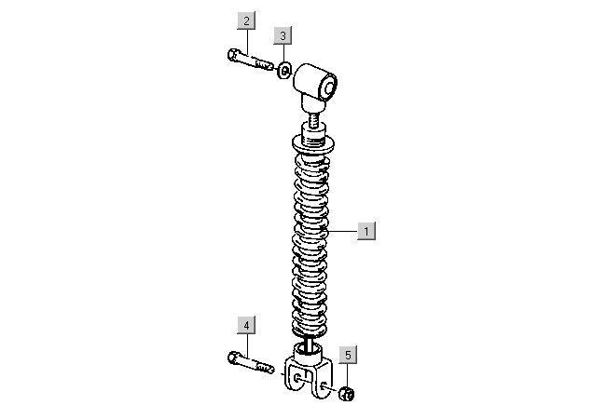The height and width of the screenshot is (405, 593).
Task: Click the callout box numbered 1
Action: (x=366, y=231)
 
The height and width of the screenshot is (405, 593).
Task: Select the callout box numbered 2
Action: (x=246, y=20)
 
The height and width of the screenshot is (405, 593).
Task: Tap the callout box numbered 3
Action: (x=283, y=35)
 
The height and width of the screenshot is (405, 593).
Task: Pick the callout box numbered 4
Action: (x=246, y=325)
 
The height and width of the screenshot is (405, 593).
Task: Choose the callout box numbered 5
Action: (x=348, y=355)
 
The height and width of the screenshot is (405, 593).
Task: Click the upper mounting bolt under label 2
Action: (x=251, y=61)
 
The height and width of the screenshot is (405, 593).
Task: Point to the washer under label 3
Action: (x=284, y=71)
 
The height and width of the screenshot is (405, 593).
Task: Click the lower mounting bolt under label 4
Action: (x=251, y=363)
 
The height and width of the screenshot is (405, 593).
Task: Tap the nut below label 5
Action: (x=347, y=394)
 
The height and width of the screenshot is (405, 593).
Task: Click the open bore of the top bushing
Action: (x=328, y=88)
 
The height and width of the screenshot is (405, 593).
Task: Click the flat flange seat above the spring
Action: (x=313, y=144)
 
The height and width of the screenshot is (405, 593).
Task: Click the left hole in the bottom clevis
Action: (x=298, y=378)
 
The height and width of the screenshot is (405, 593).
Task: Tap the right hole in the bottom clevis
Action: (x=324, y=385)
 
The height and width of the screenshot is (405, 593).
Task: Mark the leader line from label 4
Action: (x=247, y=344)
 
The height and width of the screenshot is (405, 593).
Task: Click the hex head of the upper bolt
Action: (x=233, y=55)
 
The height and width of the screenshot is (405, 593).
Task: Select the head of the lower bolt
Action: (x=233, y=357)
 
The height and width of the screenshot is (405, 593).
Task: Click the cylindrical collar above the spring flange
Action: (x=313, y=134)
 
